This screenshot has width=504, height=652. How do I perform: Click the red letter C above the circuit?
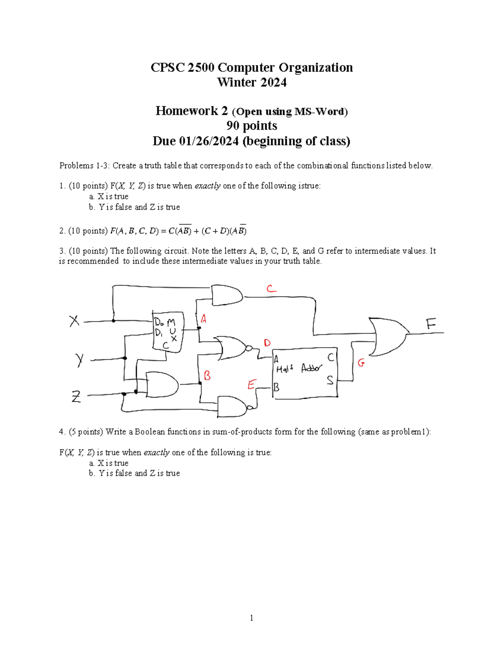pyautogui.click(x=271, y=288)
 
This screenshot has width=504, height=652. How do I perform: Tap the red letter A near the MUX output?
pyautogui.click(x=203, y=319)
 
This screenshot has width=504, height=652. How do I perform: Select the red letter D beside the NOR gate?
pyautogui.click(x=267, y=343)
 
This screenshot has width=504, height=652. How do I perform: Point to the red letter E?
pyautogui.click(x=252, y=385)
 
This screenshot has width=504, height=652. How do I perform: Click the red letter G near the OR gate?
pyautogui.click(x=361, y=362)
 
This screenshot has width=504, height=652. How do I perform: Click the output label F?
pyautogui.click(x=431, y=324)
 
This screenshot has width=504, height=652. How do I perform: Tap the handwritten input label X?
pyautogui.click(x=74, y=321)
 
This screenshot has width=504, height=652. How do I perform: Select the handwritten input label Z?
pyautogui.click(x=76, y=396)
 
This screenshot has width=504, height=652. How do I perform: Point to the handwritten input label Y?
pyautogui.click(x=79, y=360)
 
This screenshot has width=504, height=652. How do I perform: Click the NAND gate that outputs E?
pyautogui.click(x=233, y=406)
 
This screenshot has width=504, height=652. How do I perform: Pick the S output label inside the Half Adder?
pyautogui.click(x=330, y=380)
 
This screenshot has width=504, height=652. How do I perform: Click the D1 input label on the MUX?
pyautogui.click(x=159, y=333)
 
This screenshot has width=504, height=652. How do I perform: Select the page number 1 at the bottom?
pyautogui.click(x=252, y=618)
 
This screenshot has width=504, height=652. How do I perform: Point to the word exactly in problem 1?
pyautogui.click(x=207, y=186)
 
